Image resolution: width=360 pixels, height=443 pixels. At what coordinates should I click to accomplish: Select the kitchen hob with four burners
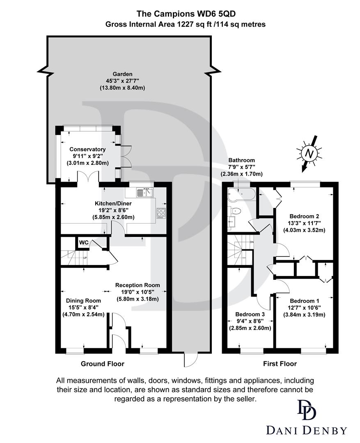point(161,212)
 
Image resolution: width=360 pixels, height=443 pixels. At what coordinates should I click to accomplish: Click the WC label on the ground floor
point(84,242)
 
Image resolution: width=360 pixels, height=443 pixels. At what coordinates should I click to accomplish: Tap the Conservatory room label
point(87,149)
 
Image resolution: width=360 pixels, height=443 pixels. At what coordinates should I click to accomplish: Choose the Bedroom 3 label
point(250,314)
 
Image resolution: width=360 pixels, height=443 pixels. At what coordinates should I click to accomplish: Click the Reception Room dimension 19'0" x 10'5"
point(138,292)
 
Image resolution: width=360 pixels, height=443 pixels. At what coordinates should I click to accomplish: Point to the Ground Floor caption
point(102,363)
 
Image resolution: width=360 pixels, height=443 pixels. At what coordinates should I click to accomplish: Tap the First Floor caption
point(280,363)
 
